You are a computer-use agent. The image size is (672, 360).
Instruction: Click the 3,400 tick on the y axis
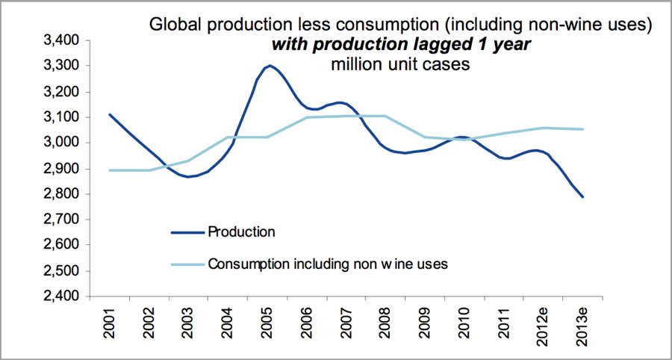(x=62, y=41)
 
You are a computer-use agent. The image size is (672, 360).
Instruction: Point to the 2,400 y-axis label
(x=62, y=296)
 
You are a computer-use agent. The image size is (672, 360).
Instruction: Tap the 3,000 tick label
(x=62, y=143)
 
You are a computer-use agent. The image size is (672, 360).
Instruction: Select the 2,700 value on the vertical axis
(x=62, y=220)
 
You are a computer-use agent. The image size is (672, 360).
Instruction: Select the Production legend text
(x=241, y=232)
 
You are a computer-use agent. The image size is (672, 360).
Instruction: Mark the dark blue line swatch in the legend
(x=188, y=232)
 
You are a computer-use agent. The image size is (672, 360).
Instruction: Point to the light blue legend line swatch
(x=188, y=263)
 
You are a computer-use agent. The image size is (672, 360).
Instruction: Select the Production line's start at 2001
(x=110, y=114)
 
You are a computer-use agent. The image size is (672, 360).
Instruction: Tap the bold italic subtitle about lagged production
(x=402, y=45)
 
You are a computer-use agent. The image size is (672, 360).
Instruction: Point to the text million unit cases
(x=400, y=65)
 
